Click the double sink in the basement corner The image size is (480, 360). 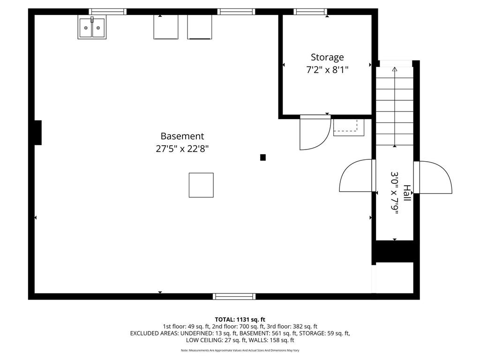coord(91,28)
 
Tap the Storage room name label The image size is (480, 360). coord(327,57)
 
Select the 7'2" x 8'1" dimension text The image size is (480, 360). coord(327,70)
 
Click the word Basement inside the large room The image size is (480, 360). coord(182,136)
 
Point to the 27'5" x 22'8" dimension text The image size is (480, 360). coord(182,149)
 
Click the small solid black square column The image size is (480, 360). coord(263,157)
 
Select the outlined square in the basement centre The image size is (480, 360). coord(201,185)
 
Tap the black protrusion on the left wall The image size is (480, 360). coord(37,133)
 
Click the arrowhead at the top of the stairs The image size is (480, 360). coord(394,69)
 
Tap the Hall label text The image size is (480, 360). coord(407,193)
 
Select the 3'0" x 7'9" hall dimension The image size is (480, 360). coord(395,193)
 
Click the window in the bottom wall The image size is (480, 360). coord(234,296)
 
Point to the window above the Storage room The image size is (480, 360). coord(310,12)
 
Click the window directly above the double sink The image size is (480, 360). coord(108,12)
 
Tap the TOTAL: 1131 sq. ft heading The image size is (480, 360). coord(240,319)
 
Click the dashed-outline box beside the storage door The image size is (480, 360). coord(348,127)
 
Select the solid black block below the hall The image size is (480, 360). coord(394,251)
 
